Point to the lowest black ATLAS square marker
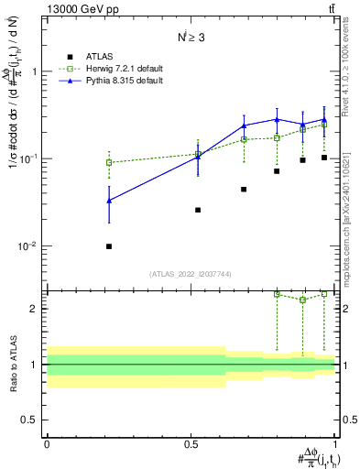click(109, 246)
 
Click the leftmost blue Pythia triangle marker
click(109, 201)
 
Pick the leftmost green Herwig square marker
click(109, 162)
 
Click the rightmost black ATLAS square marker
click(324, 158)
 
